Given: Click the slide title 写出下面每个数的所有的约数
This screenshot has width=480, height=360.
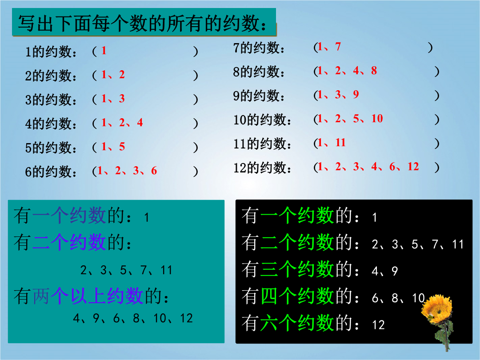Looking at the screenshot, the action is (143, 23).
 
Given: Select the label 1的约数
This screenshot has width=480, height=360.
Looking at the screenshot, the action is (51, 52).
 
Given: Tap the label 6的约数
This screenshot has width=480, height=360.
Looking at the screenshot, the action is (51, 172).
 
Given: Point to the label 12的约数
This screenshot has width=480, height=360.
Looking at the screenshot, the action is (262, 168).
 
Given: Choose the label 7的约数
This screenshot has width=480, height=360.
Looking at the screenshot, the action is (259, 48).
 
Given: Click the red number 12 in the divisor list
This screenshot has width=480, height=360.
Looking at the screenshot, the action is (413, 167).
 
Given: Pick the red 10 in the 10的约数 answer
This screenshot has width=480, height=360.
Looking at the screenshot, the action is (377, 119).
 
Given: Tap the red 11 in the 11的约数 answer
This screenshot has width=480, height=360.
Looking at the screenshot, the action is (340, 142).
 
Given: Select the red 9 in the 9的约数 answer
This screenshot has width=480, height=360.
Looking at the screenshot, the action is (356, 94).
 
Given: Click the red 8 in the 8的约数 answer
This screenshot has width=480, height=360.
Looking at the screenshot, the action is (374, 70).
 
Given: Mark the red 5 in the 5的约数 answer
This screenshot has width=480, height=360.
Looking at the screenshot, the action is (122, 147).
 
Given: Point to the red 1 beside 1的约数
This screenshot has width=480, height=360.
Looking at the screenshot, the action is (104, 51).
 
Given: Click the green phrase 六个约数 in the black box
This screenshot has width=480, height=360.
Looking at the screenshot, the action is (296, 323).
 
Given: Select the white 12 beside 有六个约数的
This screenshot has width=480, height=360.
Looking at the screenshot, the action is (378, 325).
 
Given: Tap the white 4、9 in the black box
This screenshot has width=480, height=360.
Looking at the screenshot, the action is (384, 271).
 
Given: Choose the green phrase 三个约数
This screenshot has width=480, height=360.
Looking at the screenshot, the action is (296, 269).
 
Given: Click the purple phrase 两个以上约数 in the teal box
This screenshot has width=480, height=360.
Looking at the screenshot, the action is (88, 296).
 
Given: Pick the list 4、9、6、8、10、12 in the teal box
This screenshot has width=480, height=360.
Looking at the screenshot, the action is (133, 318).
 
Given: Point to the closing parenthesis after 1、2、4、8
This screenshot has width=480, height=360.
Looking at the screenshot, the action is (437, 71).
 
